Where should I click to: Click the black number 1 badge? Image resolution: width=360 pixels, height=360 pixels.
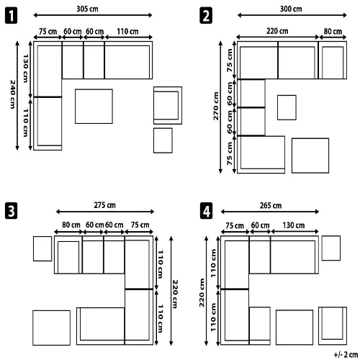[11, 15]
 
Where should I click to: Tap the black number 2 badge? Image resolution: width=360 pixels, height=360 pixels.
[206, 15]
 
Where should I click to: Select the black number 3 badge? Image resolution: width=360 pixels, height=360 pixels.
[11, 211]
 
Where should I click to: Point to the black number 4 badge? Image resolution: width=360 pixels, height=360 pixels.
[206, 211]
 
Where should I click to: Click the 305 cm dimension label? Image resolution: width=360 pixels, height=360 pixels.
[87, 9]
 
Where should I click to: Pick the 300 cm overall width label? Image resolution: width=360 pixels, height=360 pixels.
[291, 9]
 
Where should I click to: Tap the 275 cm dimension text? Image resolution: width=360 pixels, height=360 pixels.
[104, 205]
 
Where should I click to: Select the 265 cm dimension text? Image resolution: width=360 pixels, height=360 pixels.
[271, 205]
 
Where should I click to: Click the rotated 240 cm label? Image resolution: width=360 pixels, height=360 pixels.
[13, 94]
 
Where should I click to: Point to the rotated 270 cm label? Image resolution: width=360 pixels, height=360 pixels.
[216, 106]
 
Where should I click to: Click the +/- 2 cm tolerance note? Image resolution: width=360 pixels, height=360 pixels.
[346, 354]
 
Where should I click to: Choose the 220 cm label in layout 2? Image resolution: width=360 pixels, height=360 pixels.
[277, 31]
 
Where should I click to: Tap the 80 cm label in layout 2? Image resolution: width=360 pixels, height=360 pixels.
[333, 31]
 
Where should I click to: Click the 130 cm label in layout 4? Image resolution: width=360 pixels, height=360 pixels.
[294, 225]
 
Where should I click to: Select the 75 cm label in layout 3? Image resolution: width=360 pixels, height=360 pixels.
[140, 225]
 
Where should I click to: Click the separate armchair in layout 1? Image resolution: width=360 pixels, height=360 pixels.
[168, 105]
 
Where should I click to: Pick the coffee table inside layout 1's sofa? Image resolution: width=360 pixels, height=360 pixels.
[94, 107]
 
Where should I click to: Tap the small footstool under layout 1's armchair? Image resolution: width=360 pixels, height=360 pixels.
[163, 140]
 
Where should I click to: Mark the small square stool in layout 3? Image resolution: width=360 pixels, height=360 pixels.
[42, 248]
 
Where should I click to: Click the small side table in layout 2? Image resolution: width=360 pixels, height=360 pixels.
[287, 107]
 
